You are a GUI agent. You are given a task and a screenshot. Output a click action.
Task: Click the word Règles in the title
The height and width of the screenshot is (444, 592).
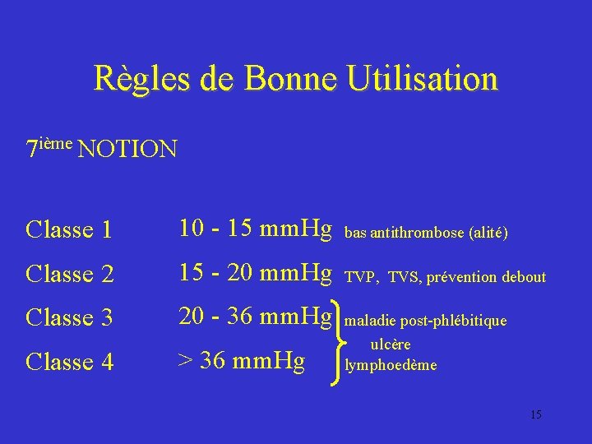[x=139, y=80]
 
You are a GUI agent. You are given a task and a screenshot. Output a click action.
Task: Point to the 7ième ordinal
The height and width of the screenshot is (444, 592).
[x=50, y=147]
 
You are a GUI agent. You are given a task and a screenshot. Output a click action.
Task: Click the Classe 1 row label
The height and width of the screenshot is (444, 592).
[x=69, y=230]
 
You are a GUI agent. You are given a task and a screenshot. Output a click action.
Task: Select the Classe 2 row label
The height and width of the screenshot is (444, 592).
[x=69, y=274]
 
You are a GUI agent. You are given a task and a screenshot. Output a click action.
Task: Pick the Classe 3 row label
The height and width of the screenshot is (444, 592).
[x=69, y=317]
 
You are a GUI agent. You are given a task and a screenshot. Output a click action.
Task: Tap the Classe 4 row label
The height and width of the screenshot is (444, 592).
[x=69, y=362]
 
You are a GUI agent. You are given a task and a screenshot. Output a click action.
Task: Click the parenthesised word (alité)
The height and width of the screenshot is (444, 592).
[x=488, y=234]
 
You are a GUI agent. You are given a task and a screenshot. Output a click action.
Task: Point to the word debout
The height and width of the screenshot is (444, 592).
[x=524, y=277]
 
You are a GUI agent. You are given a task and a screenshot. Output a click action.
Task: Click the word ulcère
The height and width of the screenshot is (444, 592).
[x=391, y=345]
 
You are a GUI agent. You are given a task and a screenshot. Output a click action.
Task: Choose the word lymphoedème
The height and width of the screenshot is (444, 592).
[x=391, y=364]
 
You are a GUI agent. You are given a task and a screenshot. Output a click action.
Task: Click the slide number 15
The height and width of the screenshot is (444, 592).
[x=536, y=414]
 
